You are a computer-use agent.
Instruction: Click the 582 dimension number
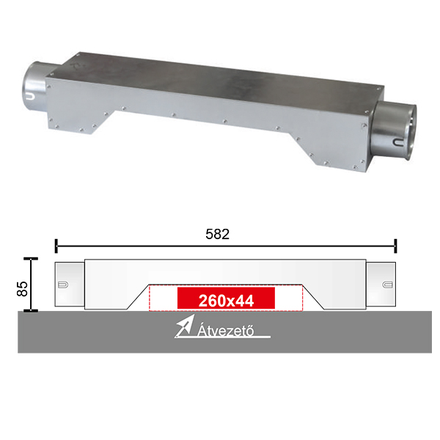click(218, 234)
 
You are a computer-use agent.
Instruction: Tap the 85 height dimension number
click(22, 289)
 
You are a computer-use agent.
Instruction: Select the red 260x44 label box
click(226, 298)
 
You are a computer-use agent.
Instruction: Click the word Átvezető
click(226, 330)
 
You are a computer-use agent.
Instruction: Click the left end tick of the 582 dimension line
click(56, 246)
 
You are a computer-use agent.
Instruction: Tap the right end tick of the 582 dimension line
click(395, 246)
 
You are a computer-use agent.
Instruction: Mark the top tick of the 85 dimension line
click(31, 259)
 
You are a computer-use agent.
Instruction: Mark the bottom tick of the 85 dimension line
click(31, 310)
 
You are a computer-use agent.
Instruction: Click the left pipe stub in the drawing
click(70, 285)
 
